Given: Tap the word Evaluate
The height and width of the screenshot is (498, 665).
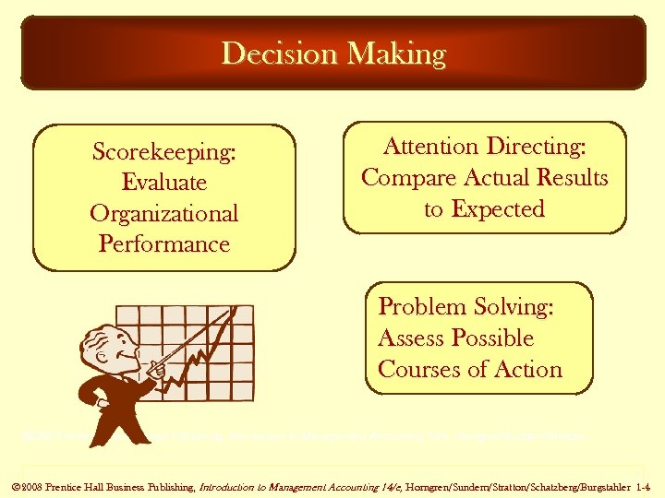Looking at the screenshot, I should tap(163, 183).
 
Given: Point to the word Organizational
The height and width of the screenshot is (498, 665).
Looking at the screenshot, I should tap(163, 214).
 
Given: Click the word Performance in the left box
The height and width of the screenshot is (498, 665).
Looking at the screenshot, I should tap(163, 244).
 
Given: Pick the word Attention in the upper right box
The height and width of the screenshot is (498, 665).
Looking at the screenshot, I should tap(430, 147).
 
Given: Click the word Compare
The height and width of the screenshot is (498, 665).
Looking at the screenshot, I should tap(406, 178).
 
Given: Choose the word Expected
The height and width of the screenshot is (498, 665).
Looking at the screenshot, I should tap(498, 209).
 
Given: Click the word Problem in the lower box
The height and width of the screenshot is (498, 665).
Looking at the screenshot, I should tap(422, 307).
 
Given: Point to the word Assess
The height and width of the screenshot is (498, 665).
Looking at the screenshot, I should tap(412, 338).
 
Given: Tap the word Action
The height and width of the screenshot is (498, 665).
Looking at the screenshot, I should tap(527, 370).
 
